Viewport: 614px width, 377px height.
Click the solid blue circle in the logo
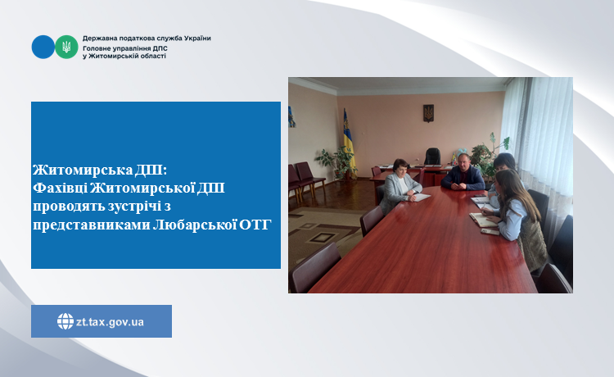pyautogui.click(x=43, y=47)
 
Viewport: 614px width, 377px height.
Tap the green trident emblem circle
pyautogui.click(x=66, y=47)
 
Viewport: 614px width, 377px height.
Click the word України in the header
pyautogui.click(x=197, y=39)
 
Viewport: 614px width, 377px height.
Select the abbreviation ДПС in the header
pyautogui.click(x=160, y=48)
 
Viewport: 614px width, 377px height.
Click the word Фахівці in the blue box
pyautogui.click(x=60, y=188)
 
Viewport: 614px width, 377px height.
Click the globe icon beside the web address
pyautogui.click(x=65, y=321)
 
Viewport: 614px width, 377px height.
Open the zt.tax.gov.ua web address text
pyautogui.click(x=110, y=322)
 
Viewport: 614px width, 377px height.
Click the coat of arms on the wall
pyautogui.click(x=428, y=113)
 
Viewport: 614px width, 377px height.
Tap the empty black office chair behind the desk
pyautogui.click(x=432, y=157)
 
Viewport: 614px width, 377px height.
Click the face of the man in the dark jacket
pyautogui.click(x=463, y=161)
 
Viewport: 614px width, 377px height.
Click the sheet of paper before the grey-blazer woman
pyautogui.click(x=418, y=198)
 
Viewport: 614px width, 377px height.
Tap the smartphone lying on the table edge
pyautogui.click(x=490, y=232)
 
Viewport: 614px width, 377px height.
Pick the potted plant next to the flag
pyautogui.click(x=336, y=161)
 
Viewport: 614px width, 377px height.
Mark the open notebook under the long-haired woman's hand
pyautogui.click(x=483, y=220)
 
